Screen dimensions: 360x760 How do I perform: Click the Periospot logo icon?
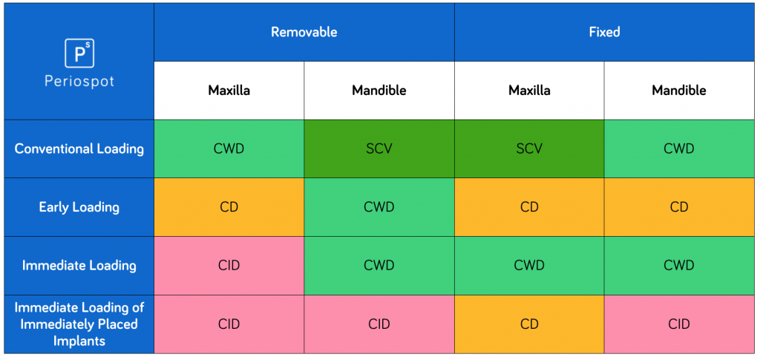coord(79,53)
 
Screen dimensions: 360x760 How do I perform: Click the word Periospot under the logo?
coord(79,81)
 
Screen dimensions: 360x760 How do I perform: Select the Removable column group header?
coord(304,32)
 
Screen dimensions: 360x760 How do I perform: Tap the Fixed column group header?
coord(604,32)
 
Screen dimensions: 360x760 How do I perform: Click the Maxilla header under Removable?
coord(229,91)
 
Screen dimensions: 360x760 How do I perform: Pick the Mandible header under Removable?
coord(379,91)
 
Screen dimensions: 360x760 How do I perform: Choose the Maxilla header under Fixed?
coord(529,91)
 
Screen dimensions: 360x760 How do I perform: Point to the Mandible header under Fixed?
coord(679,91)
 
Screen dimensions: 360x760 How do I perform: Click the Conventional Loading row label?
coord(79,148)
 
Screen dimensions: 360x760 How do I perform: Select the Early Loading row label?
coord(79,207)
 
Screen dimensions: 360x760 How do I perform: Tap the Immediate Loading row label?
coord(79,265)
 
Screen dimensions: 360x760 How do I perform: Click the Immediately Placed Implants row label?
coord(79,324)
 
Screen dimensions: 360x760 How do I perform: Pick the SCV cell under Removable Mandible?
coord(379,148)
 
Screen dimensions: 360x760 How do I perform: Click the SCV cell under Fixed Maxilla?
coord(529,148)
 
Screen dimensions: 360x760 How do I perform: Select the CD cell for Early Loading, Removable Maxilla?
coord(229,207)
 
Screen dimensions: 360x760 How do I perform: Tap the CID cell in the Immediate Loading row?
coord(229,265)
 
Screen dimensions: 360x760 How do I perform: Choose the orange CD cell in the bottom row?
coord(529,324)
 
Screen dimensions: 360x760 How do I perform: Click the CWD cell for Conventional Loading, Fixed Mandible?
coord(679,148)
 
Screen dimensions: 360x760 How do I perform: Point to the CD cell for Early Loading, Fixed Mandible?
coord(679,207)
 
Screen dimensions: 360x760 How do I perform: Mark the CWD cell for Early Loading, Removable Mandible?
coord(379,207)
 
